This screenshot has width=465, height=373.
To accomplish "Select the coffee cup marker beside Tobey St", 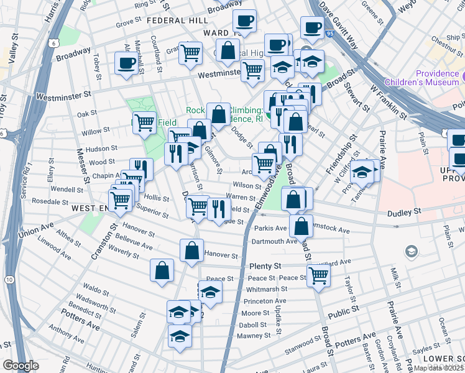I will click(x=127, y=63).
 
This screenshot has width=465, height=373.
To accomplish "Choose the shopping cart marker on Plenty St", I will click(x=318, y=274).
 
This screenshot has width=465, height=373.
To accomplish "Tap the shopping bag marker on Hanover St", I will click(x=192, y=251).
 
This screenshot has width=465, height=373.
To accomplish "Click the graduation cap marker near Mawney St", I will click(x=180, y=336).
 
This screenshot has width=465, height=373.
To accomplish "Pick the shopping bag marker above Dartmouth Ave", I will click(x=301, y=227).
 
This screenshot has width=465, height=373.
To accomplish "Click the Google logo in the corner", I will click(x=21, y=366).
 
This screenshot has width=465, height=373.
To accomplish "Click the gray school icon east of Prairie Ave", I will click(x=411, y=251).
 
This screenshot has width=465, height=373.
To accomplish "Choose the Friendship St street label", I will click(x=341, y=156).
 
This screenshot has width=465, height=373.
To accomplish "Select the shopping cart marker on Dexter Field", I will click(x=144, y=123).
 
